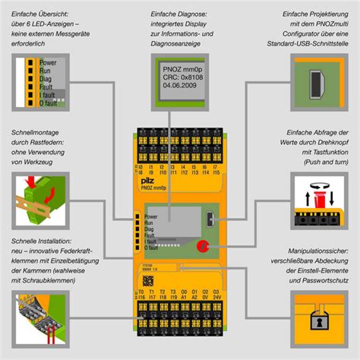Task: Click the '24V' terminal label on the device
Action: click(217, 298)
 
